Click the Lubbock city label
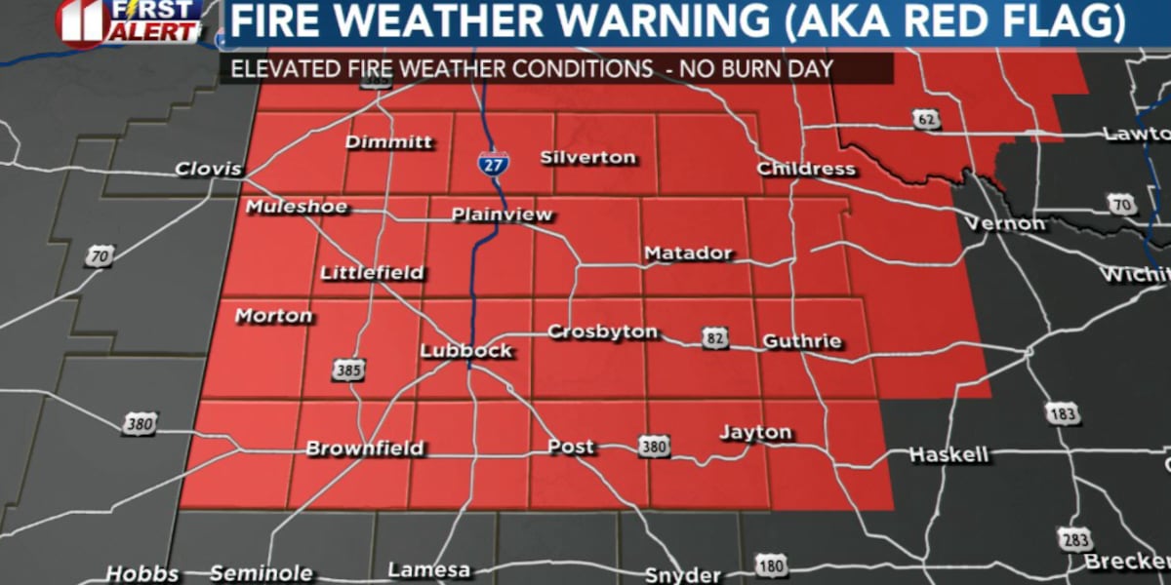coord(465,351)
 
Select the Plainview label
coord(502,214)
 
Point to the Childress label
coord(806,169)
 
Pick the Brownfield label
coord(365,448)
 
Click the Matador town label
coord(688,253)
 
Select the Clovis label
coord(208,169)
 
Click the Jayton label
coord(755,432)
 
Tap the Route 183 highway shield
coord(1066,412)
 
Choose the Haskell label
coord(949,454)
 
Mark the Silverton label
coord(587,157)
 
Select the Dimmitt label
coord(388,142)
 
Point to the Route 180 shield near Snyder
coord(769,565)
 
